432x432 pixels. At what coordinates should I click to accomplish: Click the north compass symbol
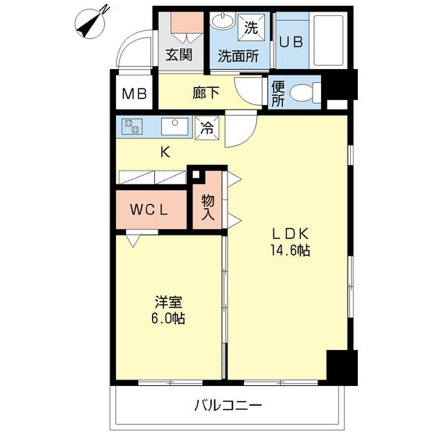(x=90, y=23)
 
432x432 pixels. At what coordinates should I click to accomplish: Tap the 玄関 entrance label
(x=179, y=55)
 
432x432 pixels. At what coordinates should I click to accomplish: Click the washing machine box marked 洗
(x=251, y=27)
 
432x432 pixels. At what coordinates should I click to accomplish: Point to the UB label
(x=292, y=42)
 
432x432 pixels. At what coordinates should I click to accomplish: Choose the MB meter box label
(x=135, y=94)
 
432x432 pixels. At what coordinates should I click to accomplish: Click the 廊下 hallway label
(x=206, y=93)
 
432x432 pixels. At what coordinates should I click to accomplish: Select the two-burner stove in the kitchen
(x=132, y=127)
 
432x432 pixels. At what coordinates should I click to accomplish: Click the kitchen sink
(x=175, y=127)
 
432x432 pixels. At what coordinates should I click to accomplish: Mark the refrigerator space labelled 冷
(x=207, y=128)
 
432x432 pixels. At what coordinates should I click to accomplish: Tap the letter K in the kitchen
(x=166, y=152)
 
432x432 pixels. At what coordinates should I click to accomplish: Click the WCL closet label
(x=149, y=210)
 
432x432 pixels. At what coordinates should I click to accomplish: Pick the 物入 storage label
(x=208, y=207)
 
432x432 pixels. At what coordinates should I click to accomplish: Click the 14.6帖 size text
(x=290, y=251)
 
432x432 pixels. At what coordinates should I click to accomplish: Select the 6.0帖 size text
(x=168, y=318)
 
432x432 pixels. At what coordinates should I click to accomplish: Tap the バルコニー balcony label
(x=228, y=405)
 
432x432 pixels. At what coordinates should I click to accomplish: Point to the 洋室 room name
(x=168, y=302)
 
